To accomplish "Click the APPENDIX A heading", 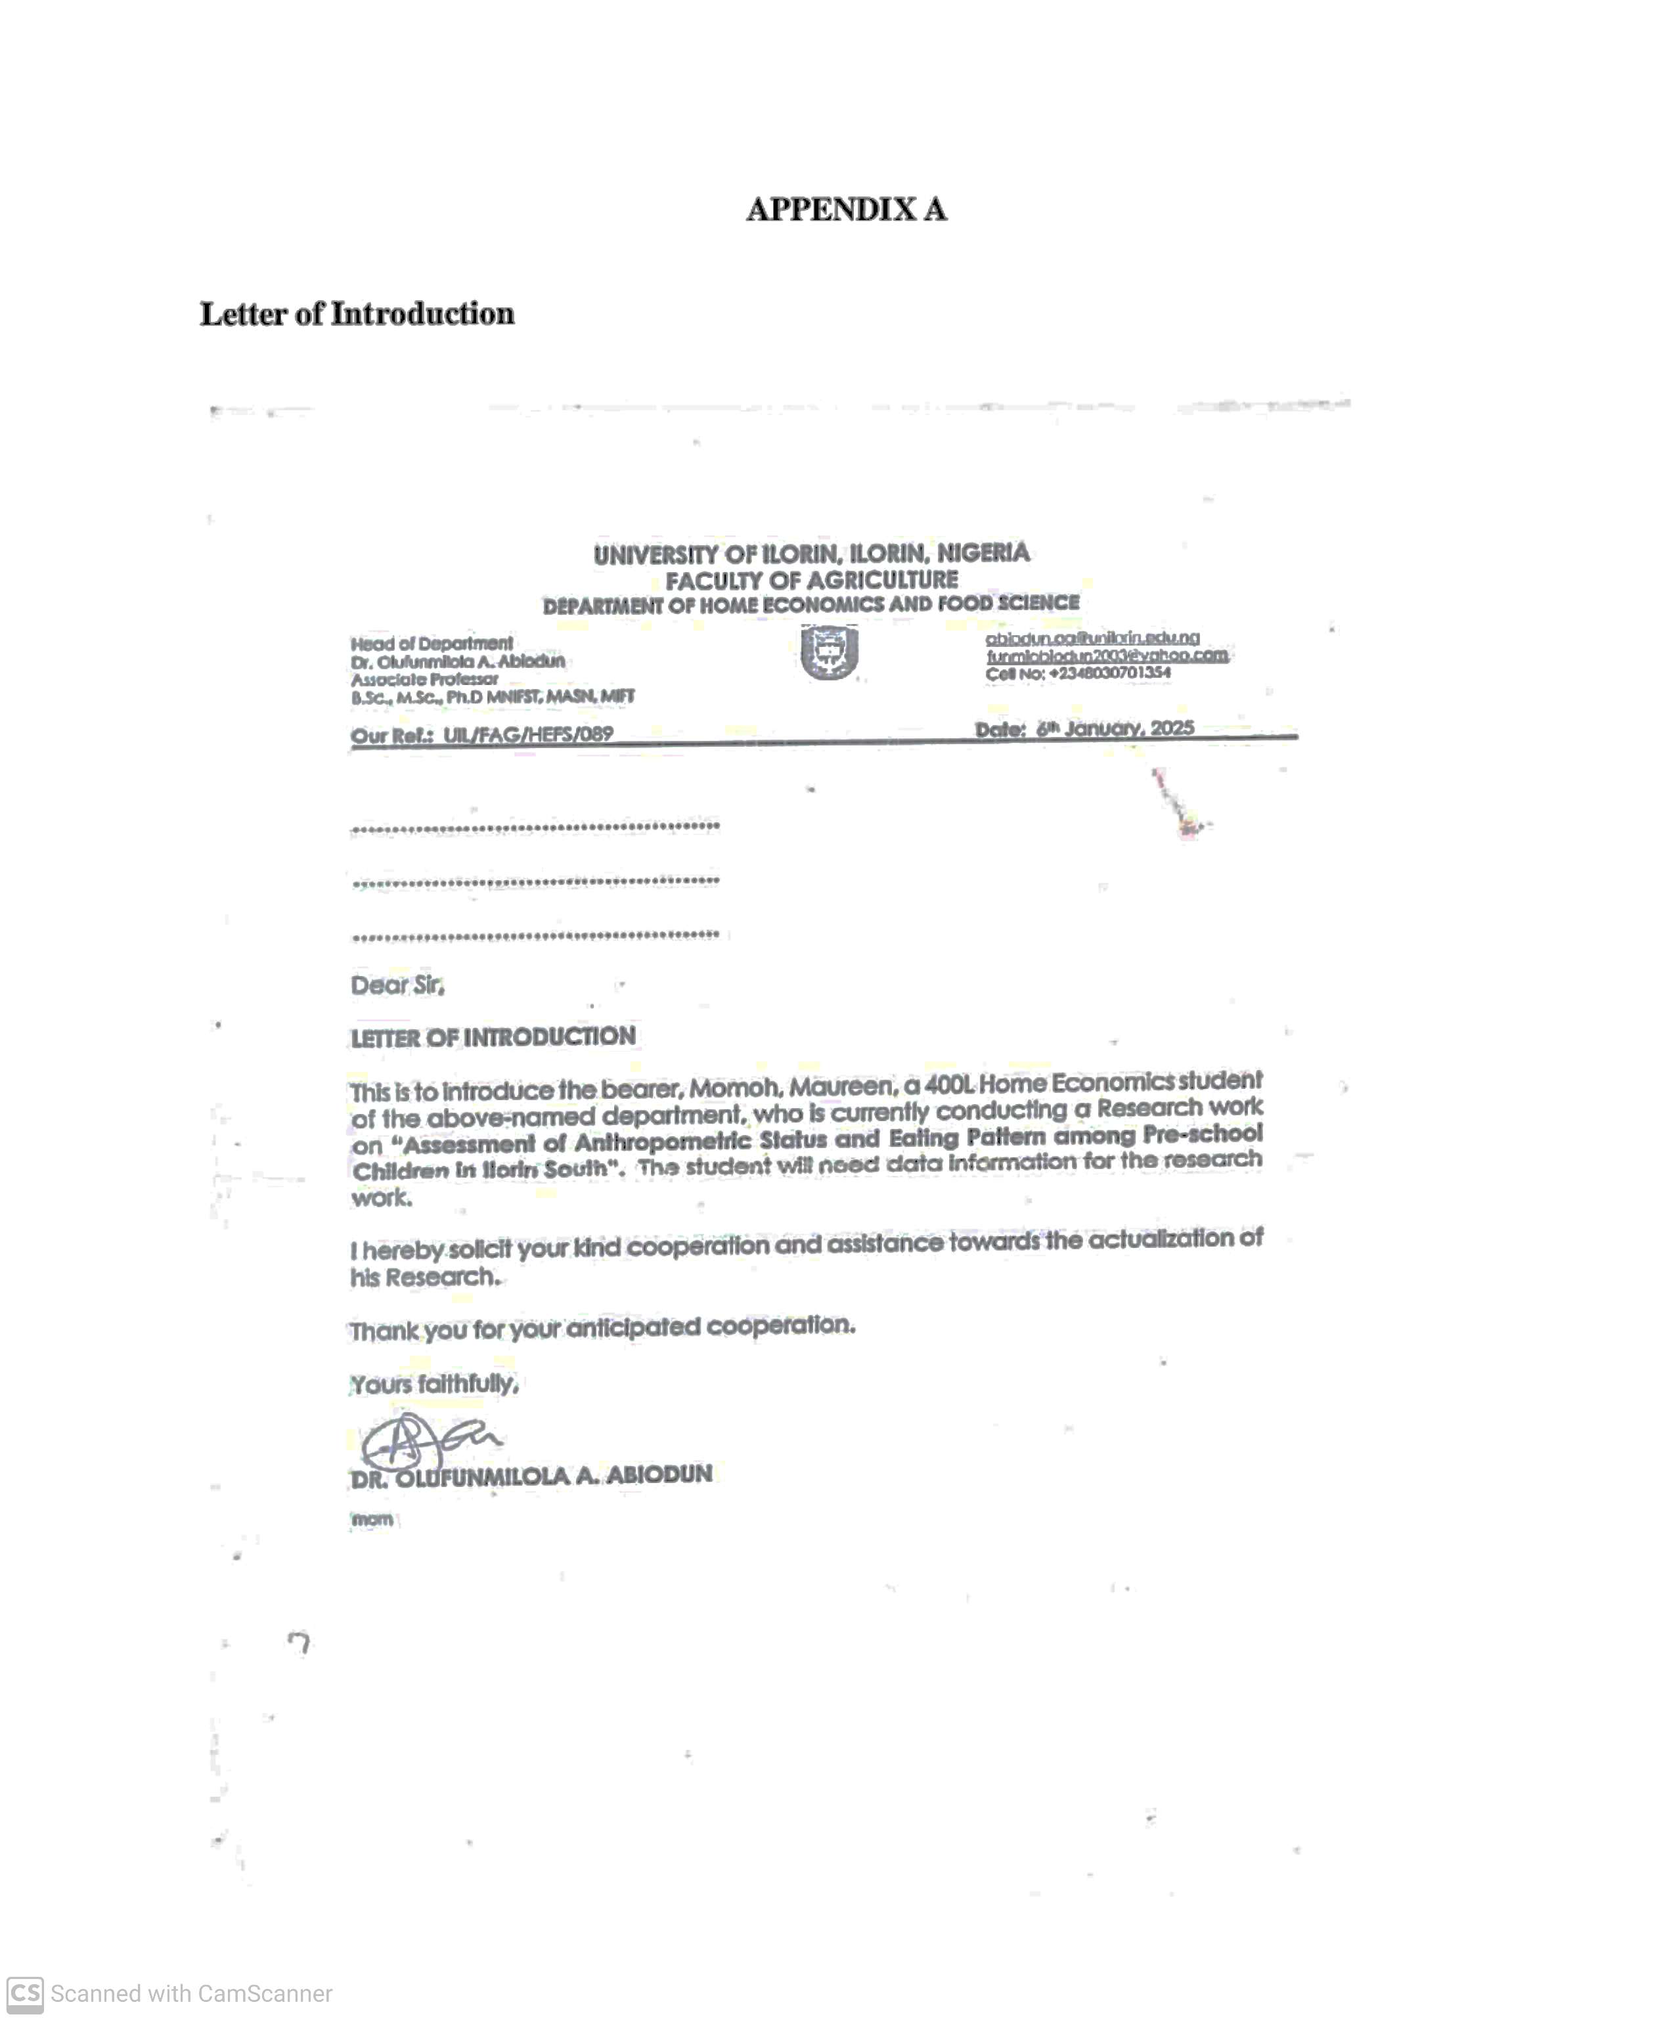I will (846, 209).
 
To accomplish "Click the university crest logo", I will (829, 652).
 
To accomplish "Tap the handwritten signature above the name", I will (427, 1439).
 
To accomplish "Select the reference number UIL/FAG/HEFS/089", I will (527, 735).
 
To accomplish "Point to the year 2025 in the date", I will (1172, 727).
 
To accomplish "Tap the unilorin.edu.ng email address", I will (1092, 638).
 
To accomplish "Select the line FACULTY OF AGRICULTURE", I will (811, 581).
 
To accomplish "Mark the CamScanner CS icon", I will (25, 1993).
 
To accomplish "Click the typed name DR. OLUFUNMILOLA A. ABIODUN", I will (531, 1477).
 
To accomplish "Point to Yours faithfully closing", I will (433, 1384).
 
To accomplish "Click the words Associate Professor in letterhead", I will (424, 679).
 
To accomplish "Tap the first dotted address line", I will (535, 827).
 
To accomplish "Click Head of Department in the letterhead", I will (432, 644).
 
